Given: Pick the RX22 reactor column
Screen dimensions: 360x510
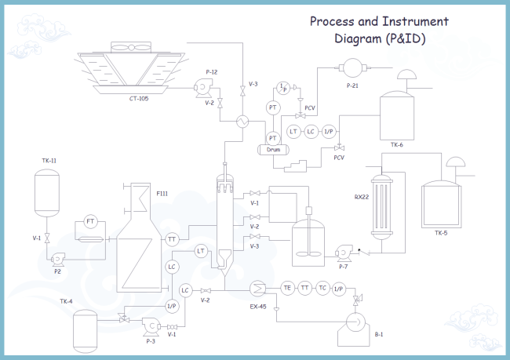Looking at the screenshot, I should (x=382, y=208).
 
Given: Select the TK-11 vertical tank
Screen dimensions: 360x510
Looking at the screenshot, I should (x=47, y=193).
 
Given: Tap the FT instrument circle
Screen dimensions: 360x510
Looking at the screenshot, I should (x=90, y=222).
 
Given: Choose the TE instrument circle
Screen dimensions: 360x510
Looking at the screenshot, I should (x=287, y=289).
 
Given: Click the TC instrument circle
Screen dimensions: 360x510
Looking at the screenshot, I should (x=322, y=289).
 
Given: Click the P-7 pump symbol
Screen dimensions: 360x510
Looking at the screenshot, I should (x=342, y=253).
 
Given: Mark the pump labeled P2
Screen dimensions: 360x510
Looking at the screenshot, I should (x=57, y=258).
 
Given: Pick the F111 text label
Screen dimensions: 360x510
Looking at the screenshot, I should (x=162, y=192).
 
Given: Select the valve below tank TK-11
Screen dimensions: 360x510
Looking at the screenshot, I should (x=47, y=238).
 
